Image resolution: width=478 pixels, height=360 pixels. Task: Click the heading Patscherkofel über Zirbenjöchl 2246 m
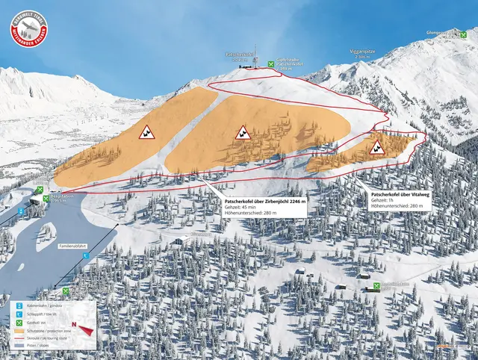[x=266, y=201]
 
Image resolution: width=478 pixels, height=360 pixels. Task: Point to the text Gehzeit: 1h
[x=385, y=200]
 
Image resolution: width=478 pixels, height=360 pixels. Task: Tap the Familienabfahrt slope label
[x=73, y=245]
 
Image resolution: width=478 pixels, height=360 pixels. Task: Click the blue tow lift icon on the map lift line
[x=85, y=256]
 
